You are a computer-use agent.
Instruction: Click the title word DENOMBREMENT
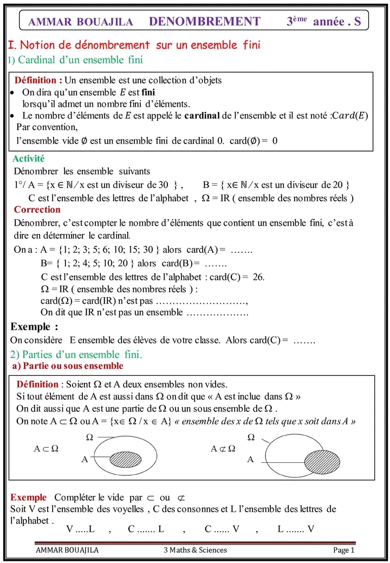[x=204, y=22]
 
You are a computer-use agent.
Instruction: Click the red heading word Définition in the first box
[x=38, y=80]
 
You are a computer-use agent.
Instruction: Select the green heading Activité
[x=28, y=159]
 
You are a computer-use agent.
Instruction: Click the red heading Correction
[x=37, y=210]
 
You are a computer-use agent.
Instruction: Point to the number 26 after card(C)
[x=258, y=277]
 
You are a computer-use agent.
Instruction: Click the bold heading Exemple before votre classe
[x=34, y=327]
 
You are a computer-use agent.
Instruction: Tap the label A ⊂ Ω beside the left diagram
[x=46, y=449]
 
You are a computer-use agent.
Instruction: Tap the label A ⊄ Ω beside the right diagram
[x=223, y=449]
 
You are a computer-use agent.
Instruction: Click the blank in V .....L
[x=81, y=529]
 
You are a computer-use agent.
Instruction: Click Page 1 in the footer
[x=343, y=550]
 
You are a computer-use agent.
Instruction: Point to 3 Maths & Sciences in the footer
[x=195, y=550]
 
